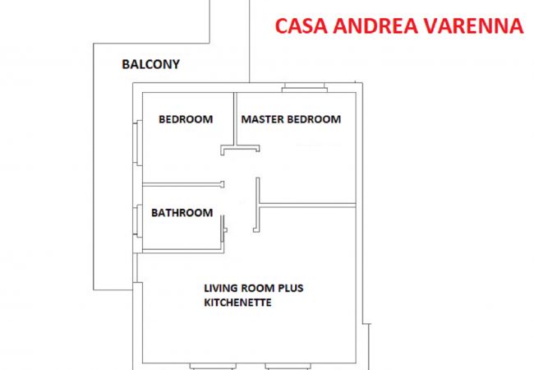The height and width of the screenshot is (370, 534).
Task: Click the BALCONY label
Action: pyautogui.click(x=150, y=64)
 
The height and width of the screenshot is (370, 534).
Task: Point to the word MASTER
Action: pyautogui.click(x=262, y=119)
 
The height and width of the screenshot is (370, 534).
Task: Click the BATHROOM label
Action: pyautogui.click(x=182, y=212)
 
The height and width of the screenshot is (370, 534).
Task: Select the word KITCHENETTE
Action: pyautogui.click(x=237, y=303)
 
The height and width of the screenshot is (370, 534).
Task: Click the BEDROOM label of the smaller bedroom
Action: pyautogui.click(x=185, y=119)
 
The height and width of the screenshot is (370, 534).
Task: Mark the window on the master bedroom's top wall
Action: pyautogui.click(x=305, y=88)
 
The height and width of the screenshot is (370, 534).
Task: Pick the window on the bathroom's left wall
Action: pyautogui.click(x=136, y=218)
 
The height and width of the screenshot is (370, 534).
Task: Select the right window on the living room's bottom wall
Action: pyautogui.click(x=288, y=366)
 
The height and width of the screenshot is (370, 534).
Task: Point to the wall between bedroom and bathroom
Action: pyautogui.click(x=181, y=183)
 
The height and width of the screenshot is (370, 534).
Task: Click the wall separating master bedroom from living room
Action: pyautogui.click(x=308, y=205)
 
